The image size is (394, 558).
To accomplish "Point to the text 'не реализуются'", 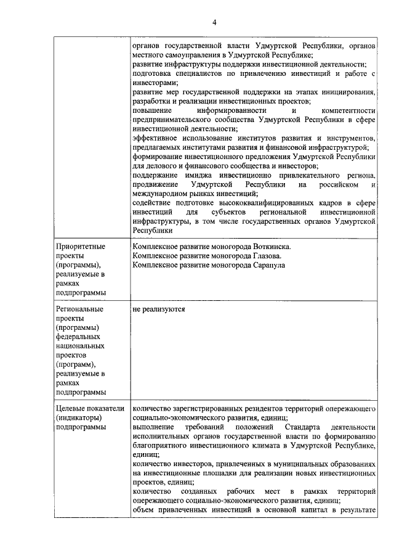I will click(159, 309).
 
